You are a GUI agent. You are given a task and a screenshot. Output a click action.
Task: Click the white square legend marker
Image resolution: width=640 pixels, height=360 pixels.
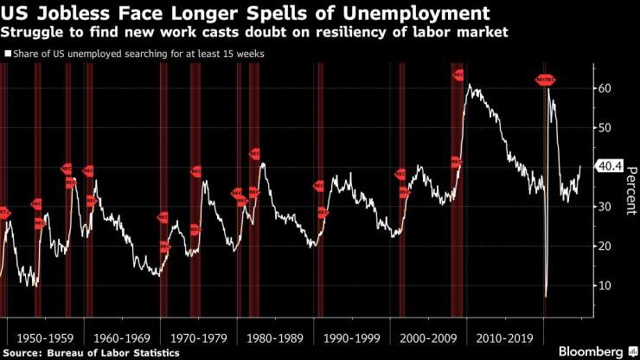click(x=7, y=54)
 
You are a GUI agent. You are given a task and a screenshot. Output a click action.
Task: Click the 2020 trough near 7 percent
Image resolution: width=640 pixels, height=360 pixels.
click(x=546, y=296)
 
